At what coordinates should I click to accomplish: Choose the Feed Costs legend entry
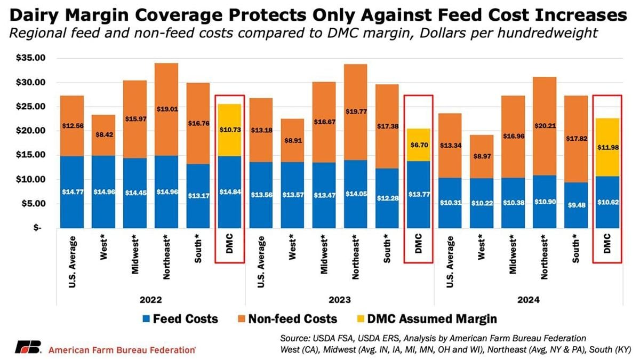[179, 319]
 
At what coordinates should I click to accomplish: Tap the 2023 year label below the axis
[340, 300]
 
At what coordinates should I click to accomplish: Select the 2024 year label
[529, 300]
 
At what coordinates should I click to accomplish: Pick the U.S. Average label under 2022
[73, 258]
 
